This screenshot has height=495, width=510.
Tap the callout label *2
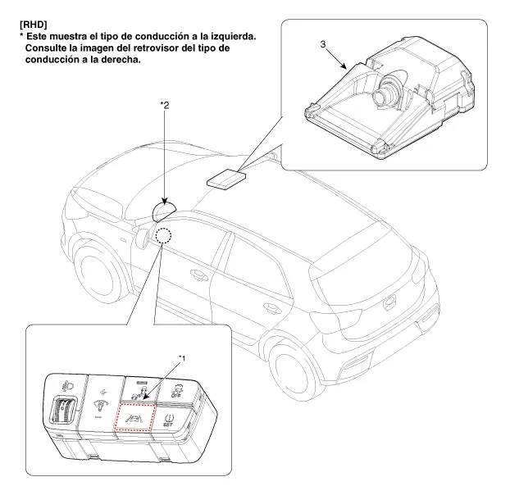(x=166, y=105)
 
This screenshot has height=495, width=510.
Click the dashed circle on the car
(x=164, y=236)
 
